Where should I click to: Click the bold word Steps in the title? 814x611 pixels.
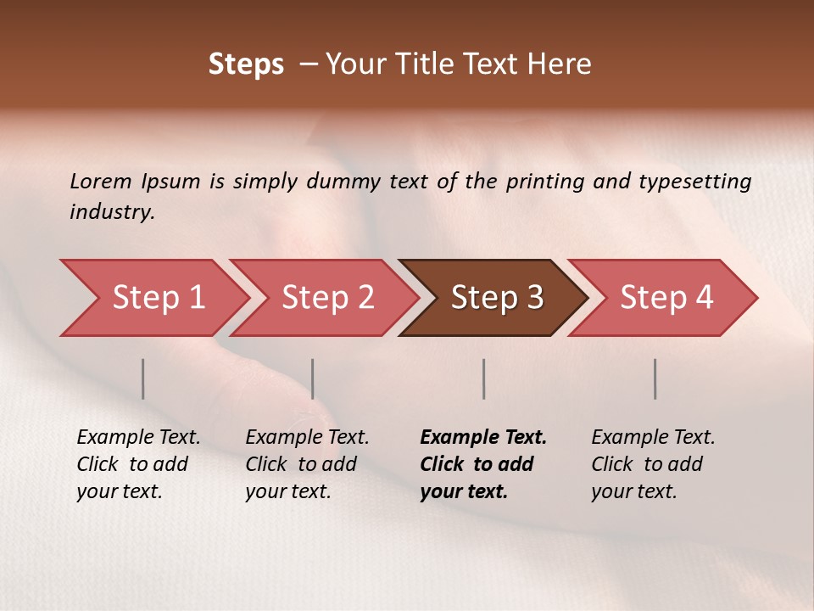point(246,64)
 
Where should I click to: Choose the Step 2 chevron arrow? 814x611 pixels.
point(327,298)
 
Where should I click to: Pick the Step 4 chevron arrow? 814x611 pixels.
point(666,298)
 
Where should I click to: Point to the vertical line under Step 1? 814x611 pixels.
point(143,378)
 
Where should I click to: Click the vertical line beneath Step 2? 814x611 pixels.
point(313,378)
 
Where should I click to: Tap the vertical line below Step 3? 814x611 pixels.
point(484,378)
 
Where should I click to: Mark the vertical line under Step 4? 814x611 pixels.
point(655,378)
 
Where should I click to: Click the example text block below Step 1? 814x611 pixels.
point(137,464)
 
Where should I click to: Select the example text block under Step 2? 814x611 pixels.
point(306,464)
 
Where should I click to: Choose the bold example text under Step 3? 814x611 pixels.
point(482,464)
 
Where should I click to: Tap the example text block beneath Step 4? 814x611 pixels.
point(652,464)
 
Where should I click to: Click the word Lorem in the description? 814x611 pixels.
point(100,182)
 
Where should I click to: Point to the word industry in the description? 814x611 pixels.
point(112,212)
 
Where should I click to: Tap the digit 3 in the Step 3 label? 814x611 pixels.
point(533,298)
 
